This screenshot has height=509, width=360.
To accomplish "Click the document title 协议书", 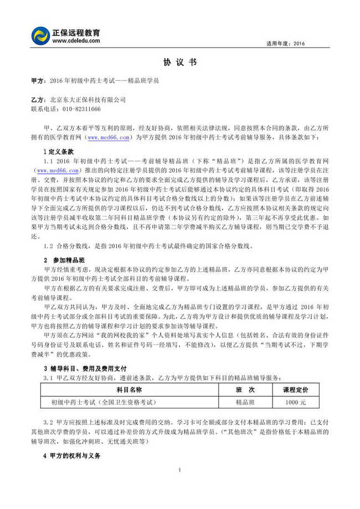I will coord(180,63).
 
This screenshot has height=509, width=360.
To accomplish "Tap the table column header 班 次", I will coord(245,390).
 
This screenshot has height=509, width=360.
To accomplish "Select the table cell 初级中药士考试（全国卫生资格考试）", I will coord(104,402).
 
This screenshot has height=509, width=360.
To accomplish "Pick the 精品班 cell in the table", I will coord(245,402).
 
